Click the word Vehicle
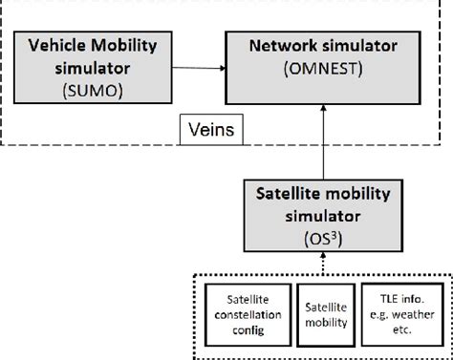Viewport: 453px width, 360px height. (53, 45)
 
